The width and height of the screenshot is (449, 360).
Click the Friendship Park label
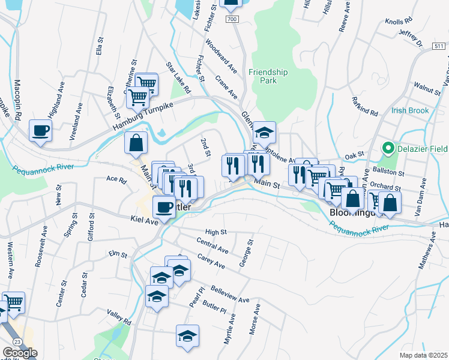pyautogui.click(x=268, y=76)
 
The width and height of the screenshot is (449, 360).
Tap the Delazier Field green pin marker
pyautogui.click(x=388, y=148)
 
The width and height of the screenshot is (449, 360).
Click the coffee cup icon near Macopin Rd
pyautogui.click(x=41, y=131)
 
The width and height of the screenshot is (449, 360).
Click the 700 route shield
pyautogui.click(x=233, y=20)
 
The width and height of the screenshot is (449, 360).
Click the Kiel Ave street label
pyautogui.click(x=143, y=221)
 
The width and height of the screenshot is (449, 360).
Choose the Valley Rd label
pyautogui.click(x=119, y=317)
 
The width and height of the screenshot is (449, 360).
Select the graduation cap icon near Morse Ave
pyautogui.click(x=187, y=336)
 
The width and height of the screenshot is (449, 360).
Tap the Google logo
pyautogui.click(x=20, y=353)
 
